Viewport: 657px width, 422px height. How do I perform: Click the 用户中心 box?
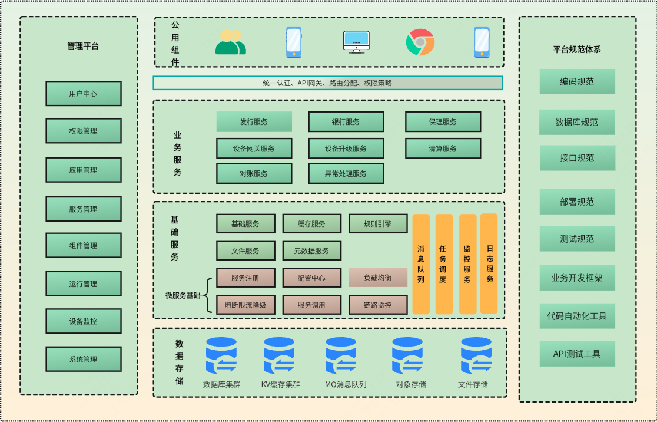click(x=83, y=94)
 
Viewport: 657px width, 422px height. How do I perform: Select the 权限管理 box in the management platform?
click(x=83, y=131)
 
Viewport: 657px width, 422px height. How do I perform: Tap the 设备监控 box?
click(x=83, y=321)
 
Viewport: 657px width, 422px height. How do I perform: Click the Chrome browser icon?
click(x=420, y=42)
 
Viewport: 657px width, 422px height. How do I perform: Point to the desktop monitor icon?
click(x=356, y=42)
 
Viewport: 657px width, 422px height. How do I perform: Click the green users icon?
click(x=230, y=42)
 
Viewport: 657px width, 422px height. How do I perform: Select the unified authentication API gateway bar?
click(x=327, y=83)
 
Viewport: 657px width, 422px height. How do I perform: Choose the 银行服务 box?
click(x=346, y=122)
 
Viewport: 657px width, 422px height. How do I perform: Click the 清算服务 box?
click(x=443, y=149)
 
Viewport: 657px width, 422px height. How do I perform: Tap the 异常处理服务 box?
click(x=346, y=174)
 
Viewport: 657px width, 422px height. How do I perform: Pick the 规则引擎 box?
click(x=377, y=224)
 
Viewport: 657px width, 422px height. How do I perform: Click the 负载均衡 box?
click(x=377, y=278)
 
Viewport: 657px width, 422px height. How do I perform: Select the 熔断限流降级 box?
click(x=245, y=305)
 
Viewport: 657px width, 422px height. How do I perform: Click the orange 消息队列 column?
click(x=420, y=263)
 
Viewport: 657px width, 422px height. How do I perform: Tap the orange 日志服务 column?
click(x=489, y=263)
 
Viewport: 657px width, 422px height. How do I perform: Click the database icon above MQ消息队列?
click(x=341, y=355)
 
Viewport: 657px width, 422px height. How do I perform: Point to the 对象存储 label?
click(x=411, y=384)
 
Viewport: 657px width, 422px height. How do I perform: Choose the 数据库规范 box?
click(x=577, y=123)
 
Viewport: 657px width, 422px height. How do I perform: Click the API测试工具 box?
click(x=577, y=354)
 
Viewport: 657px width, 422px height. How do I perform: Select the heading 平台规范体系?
click(x=577, y=50)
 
